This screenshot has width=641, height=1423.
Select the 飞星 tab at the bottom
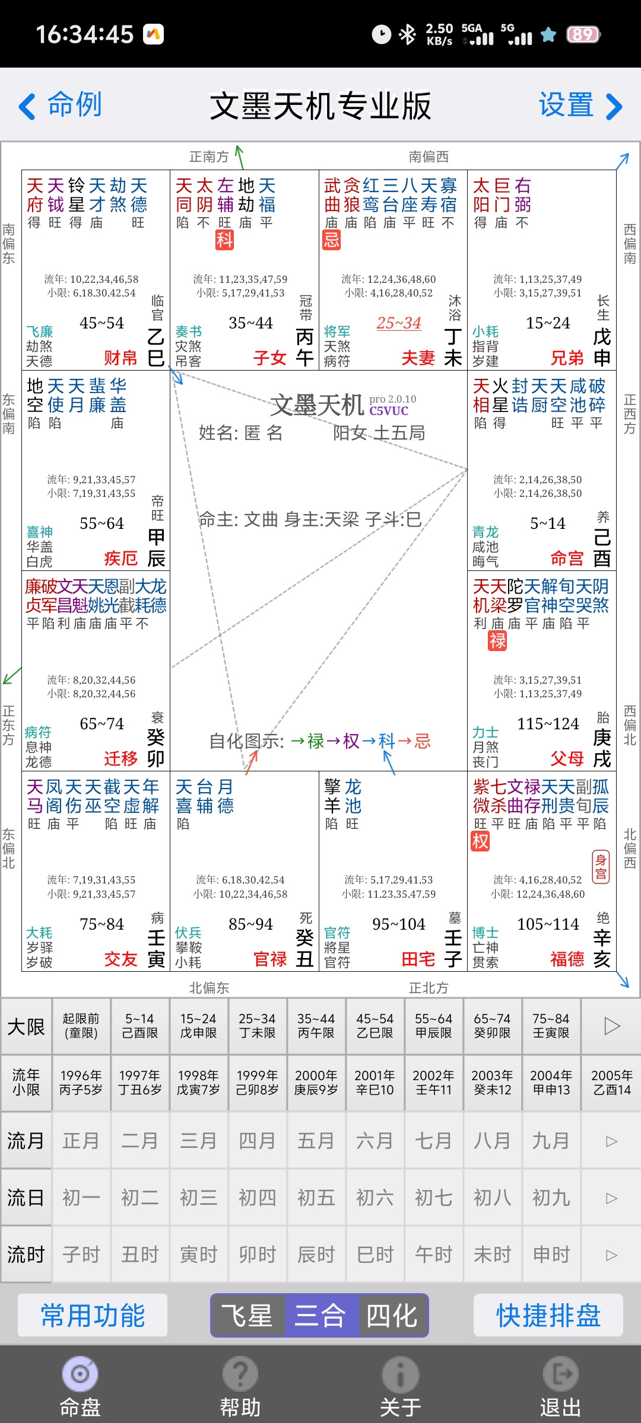247,1316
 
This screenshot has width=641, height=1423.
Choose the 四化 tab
392,1316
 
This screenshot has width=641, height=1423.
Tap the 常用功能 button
93,1316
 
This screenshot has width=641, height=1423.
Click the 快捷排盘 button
548,1316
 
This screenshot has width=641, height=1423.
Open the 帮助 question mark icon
240,1374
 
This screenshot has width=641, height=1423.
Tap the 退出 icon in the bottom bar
560,1374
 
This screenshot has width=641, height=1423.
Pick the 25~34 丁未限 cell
257,1026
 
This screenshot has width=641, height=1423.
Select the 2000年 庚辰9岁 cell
316,1082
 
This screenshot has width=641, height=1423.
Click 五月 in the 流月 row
316,1140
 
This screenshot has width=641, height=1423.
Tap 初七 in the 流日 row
433,1198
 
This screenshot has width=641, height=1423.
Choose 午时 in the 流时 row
433,1255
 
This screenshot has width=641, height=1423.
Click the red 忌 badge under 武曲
331,240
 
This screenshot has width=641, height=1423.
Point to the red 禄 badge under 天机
497,640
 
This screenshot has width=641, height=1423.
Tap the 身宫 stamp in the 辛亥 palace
601,867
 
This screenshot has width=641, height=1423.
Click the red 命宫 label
567,558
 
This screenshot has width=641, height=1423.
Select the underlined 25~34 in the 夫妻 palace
399,323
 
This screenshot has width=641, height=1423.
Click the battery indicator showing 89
583,34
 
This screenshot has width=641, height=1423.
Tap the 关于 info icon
400,1374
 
